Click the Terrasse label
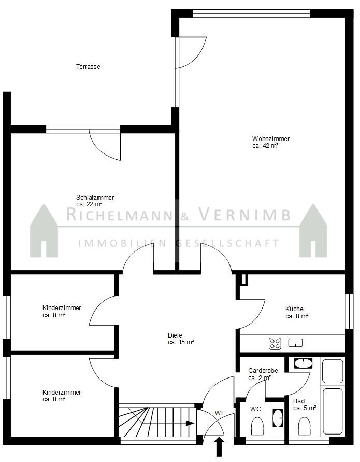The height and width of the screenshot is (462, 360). coord(88,67)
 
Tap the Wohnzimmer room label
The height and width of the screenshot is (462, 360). coord(271,138)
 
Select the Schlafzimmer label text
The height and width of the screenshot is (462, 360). coord(95,198)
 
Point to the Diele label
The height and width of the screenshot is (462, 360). coord(175,335)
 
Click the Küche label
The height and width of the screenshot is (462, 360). coord(294,309)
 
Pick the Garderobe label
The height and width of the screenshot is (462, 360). coord(263,371)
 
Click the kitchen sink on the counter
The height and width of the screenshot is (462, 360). coord(296,343)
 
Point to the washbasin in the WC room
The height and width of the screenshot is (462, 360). coord(278,418)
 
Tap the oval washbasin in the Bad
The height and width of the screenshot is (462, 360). coord(303,363)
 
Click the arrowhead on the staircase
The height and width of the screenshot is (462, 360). coord(190,424)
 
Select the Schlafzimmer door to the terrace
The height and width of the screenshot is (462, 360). coord(105,144)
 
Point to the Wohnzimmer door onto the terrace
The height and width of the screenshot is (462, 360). coord(191,52)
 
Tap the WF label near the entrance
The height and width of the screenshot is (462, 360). coord(220,413)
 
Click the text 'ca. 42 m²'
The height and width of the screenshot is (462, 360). coord(265,146)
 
